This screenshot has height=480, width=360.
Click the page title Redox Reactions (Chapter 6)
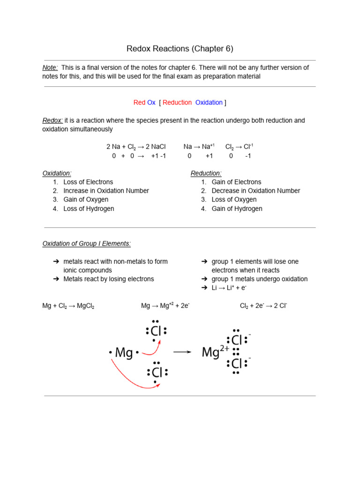pos(180,49)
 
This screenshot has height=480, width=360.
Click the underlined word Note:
pos(50,67)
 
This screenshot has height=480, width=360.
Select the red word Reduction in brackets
pos(177,103)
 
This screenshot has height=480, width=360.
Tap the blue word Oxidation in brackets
pos(209,103)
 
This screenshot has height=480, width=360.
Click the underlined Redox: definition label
pos(52,120)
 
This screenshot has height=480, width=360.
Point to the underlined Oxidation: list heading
pos(57,173)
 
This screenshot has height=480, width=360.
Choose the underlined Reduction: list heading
pos(206,173)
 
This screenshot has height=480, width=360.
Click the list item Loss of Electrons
pos(88,182)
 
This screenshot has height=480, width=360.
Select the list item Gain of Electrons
pos(236,182)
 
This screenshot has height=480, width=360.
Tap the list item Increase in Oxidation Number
pos(106,191)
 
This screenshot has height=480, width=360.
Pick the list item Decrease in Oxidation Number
pos(256,191)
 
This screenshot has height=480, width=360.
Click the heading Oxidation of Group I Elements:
pos(87,244)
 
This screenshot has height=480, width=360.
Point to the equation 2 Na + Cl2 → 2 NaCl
pos(136,147)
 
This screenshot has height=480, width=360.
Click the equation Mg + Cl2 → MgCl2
pos(68,306)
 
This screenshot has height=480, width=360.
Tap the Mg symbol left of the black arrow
pos(124,352)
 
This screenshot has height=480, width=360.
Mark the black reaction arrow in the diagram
pos(182,352)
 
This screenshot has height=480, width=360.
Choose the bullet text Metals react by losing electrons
pos(109,279)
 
